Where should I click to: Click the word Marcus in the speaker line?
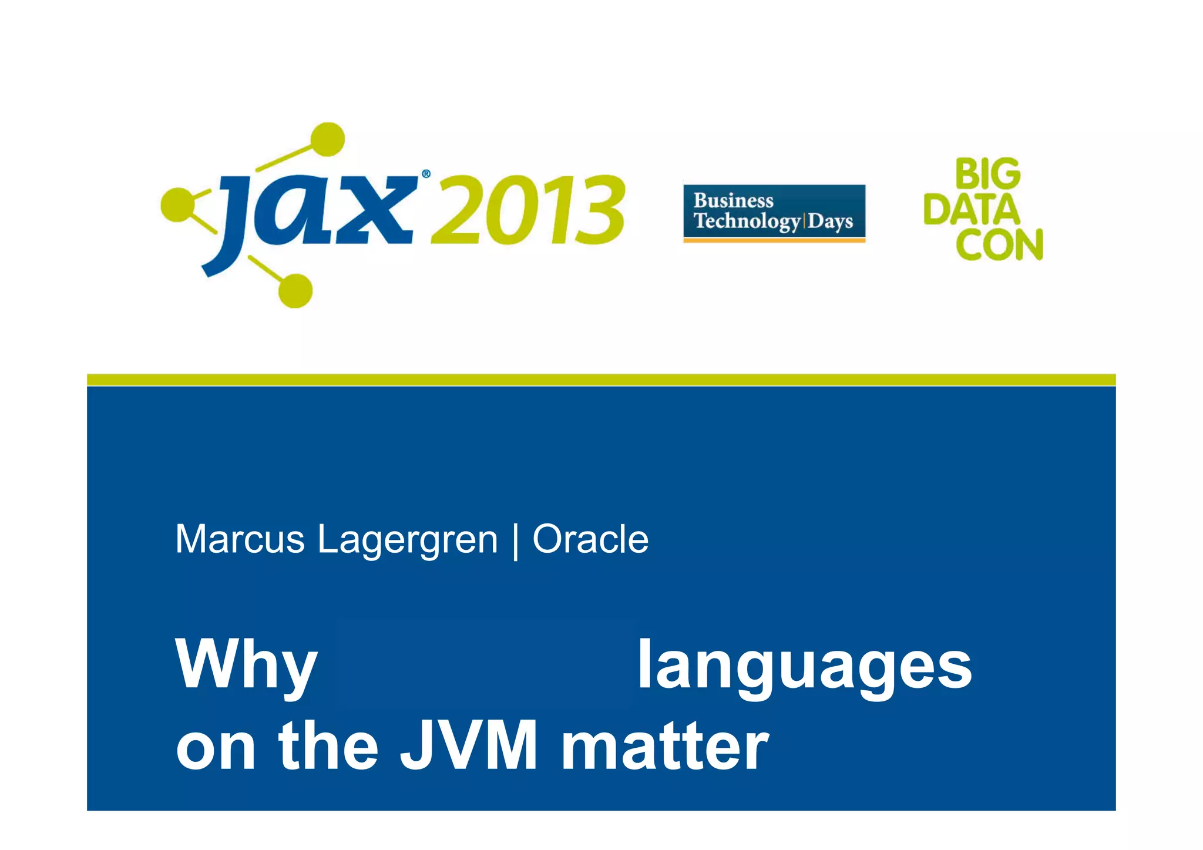240,539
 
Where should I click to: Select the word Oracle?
590,539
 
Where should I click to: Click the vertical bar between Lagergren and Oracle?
515,540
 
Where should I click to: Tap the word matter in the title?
664,746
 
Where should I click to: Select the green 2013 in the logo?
527,210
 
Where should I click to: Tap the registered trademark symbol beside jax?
426,174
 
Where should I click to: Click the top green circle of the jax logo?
327,139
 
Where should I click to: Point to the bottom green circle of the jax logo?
295,290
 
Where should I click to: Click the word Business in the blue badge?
733,200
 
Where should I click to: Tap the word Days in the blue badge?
830,221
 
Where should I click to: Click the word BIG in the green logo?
987,174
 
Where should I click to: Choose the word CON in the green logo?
999,244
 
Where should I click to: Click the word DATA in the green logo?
972,210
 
